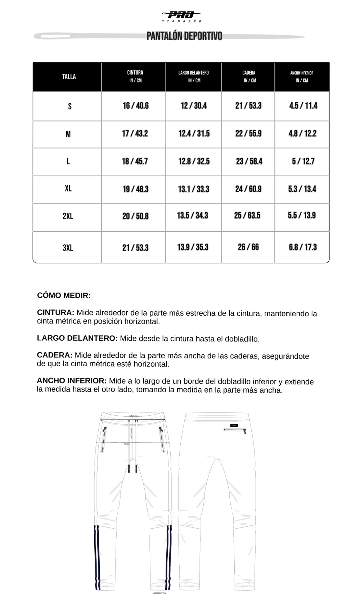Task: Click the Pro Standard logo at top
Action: pos(181,16)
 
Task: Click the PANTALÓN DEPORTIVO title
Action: pos(184,36)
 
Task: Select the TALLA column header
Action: pos(69,77)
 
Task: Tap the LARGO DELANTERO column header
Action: pos(193,76)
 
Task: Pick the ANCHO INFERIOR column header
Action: pos(302,76)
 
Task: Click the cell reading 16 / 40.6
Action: pos(135,106)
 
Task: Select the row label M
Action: pos(68,134)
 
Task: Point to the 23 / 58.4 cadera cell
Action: pos(249,161)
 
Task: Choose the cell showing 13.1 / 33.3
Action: pos(193,189)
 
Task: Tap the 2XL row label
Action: pos(68,216)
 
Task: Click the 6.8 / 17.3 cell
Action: pos(302,247)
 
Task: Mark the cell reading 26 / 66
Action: pos(248,247)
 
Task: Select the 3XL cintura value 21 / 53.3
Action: pos(135,248)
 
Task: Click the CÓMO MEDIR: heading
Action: pos(64,295)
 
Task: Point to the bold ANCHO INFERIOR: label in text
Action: pos(72,381)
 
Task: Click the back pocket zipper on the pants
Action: pos(235,430)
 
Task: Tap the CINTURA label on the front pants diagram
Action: pos(133,416)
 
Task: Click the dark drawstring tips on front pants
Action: pos(132,468)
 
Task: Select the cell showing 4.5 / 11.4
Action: pos(303,106)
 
